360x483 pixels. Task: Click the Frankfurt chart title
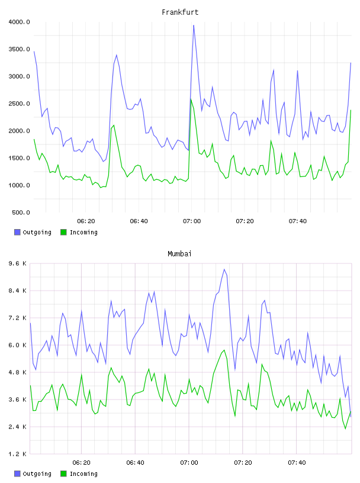coord(180,12)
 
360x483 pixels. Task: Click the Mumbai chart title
coord(179,254)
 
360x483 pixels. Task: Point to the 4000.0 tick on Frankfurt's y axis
coord(19,22)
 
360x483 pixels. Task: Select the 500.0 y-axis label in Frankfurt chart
coord(21,212)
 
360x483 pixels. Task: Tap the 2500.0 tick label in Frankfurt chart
coord(19,104)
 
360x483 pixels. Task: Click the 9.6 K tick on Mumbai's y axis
coord(18,263)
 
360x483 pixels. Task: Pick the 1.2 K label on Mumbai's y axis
coord(18,454)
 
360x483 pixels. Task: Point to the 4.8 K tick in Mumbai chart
coord(18,372)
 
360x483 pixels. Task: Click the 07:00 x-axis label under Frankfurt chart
coord(192,221)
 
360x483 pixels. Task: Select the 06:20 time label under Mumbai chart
coord(81,463)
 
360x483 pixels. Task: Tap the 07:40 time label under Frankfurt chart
coord(298,221)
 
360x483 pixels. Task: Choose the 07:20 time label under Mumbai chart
coord(243,463)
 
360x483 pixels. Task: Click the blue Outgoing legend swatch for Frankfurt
coord(17,232)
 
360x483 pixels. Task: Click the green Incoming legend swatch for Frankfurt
coord(63,232)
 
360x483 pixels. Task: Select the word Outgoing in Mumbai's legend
coord(37,474)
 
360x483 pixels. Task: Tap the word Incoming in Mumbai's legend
coord(83,474)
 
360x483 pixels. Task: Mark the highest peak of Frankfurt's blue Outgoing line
coord(194,25)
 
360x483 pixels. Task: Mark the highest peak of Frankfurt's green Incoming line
coord(191,99)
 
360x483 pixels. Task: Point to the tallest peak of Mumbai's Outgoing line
coord(224,269)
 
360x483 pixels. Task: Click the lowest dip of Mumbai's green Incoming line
coord(346,429)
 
